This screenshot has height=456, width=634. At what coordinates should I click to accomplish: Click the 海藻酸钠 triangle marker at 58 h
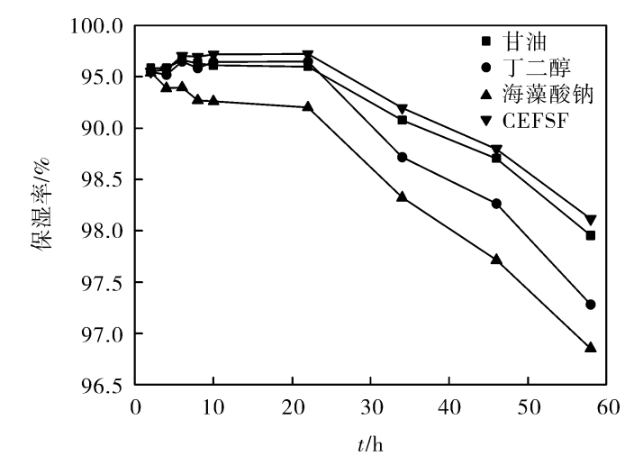(591, 347)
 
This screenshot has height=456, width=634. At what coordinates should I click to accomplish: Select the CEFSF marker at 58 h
(591, 220)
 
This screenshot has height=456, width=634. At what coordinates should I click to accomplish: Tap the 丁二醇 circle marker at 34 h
(402, 157)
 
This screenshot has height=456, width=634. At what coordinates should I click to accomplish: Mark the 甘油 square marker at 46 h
(496, 158)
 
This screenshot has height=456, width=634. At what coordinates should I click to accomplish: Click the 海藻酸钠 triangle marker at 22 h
(308, 106)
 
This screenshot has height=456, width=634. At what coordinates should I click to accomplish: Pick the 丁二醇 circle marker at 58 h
(591, 305)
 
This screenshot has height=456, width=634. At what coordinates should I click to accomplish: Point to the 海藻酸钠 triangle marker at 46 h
(496, 259)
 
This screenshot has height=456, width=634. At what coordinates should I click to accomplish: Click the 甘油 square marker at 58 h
(591, 235)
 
